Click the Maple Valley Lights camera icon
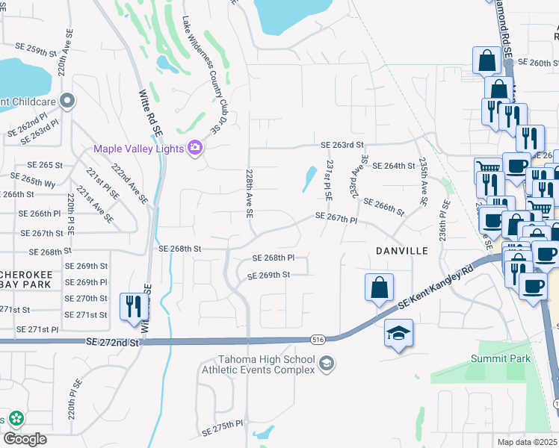click(x=195, y=148)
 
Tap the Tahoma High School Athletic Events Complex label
click(x=265, y=364)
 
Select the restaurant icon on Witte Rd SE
click(x=134, y=306)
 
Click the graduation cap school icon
click(x=399, y=334)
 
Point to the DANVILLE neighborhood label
click(x=402, y=251)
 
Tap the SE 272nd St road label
click(x=113, y=341)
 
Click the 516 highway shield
click(x=319, y=340)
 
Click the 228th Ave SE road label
click(x=249, y=192)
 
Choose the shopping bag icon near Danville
click(x=379, y=287)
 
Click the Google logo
click(x=25, y=439)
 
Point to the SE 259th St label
click(x=37, y=50)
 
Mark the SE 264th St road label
click(x=394, y=166)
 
